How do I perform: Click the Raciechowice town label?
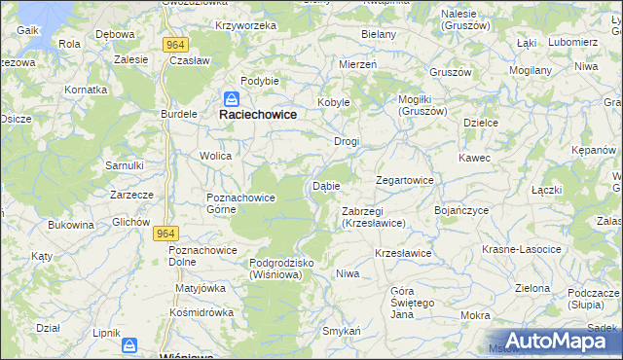[257, 114]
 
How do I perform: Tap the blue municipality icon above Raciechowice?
[233, 98]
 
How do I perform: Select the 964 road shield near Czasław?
[175, 45]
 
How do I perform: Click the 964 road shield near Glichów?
[167, 234]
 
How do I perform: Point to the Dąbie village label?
[325, 185]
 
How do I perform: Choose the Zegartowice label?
[405, 180]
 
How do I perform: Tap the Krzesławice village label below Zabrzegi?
[403, 253]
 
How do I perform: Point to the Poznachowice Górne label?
[241, 203]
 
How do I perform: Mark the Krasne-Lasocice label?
[522, 249]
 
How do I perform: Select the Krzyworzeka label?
[247, 25]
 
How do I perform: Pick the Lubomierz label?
[572, 42]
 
